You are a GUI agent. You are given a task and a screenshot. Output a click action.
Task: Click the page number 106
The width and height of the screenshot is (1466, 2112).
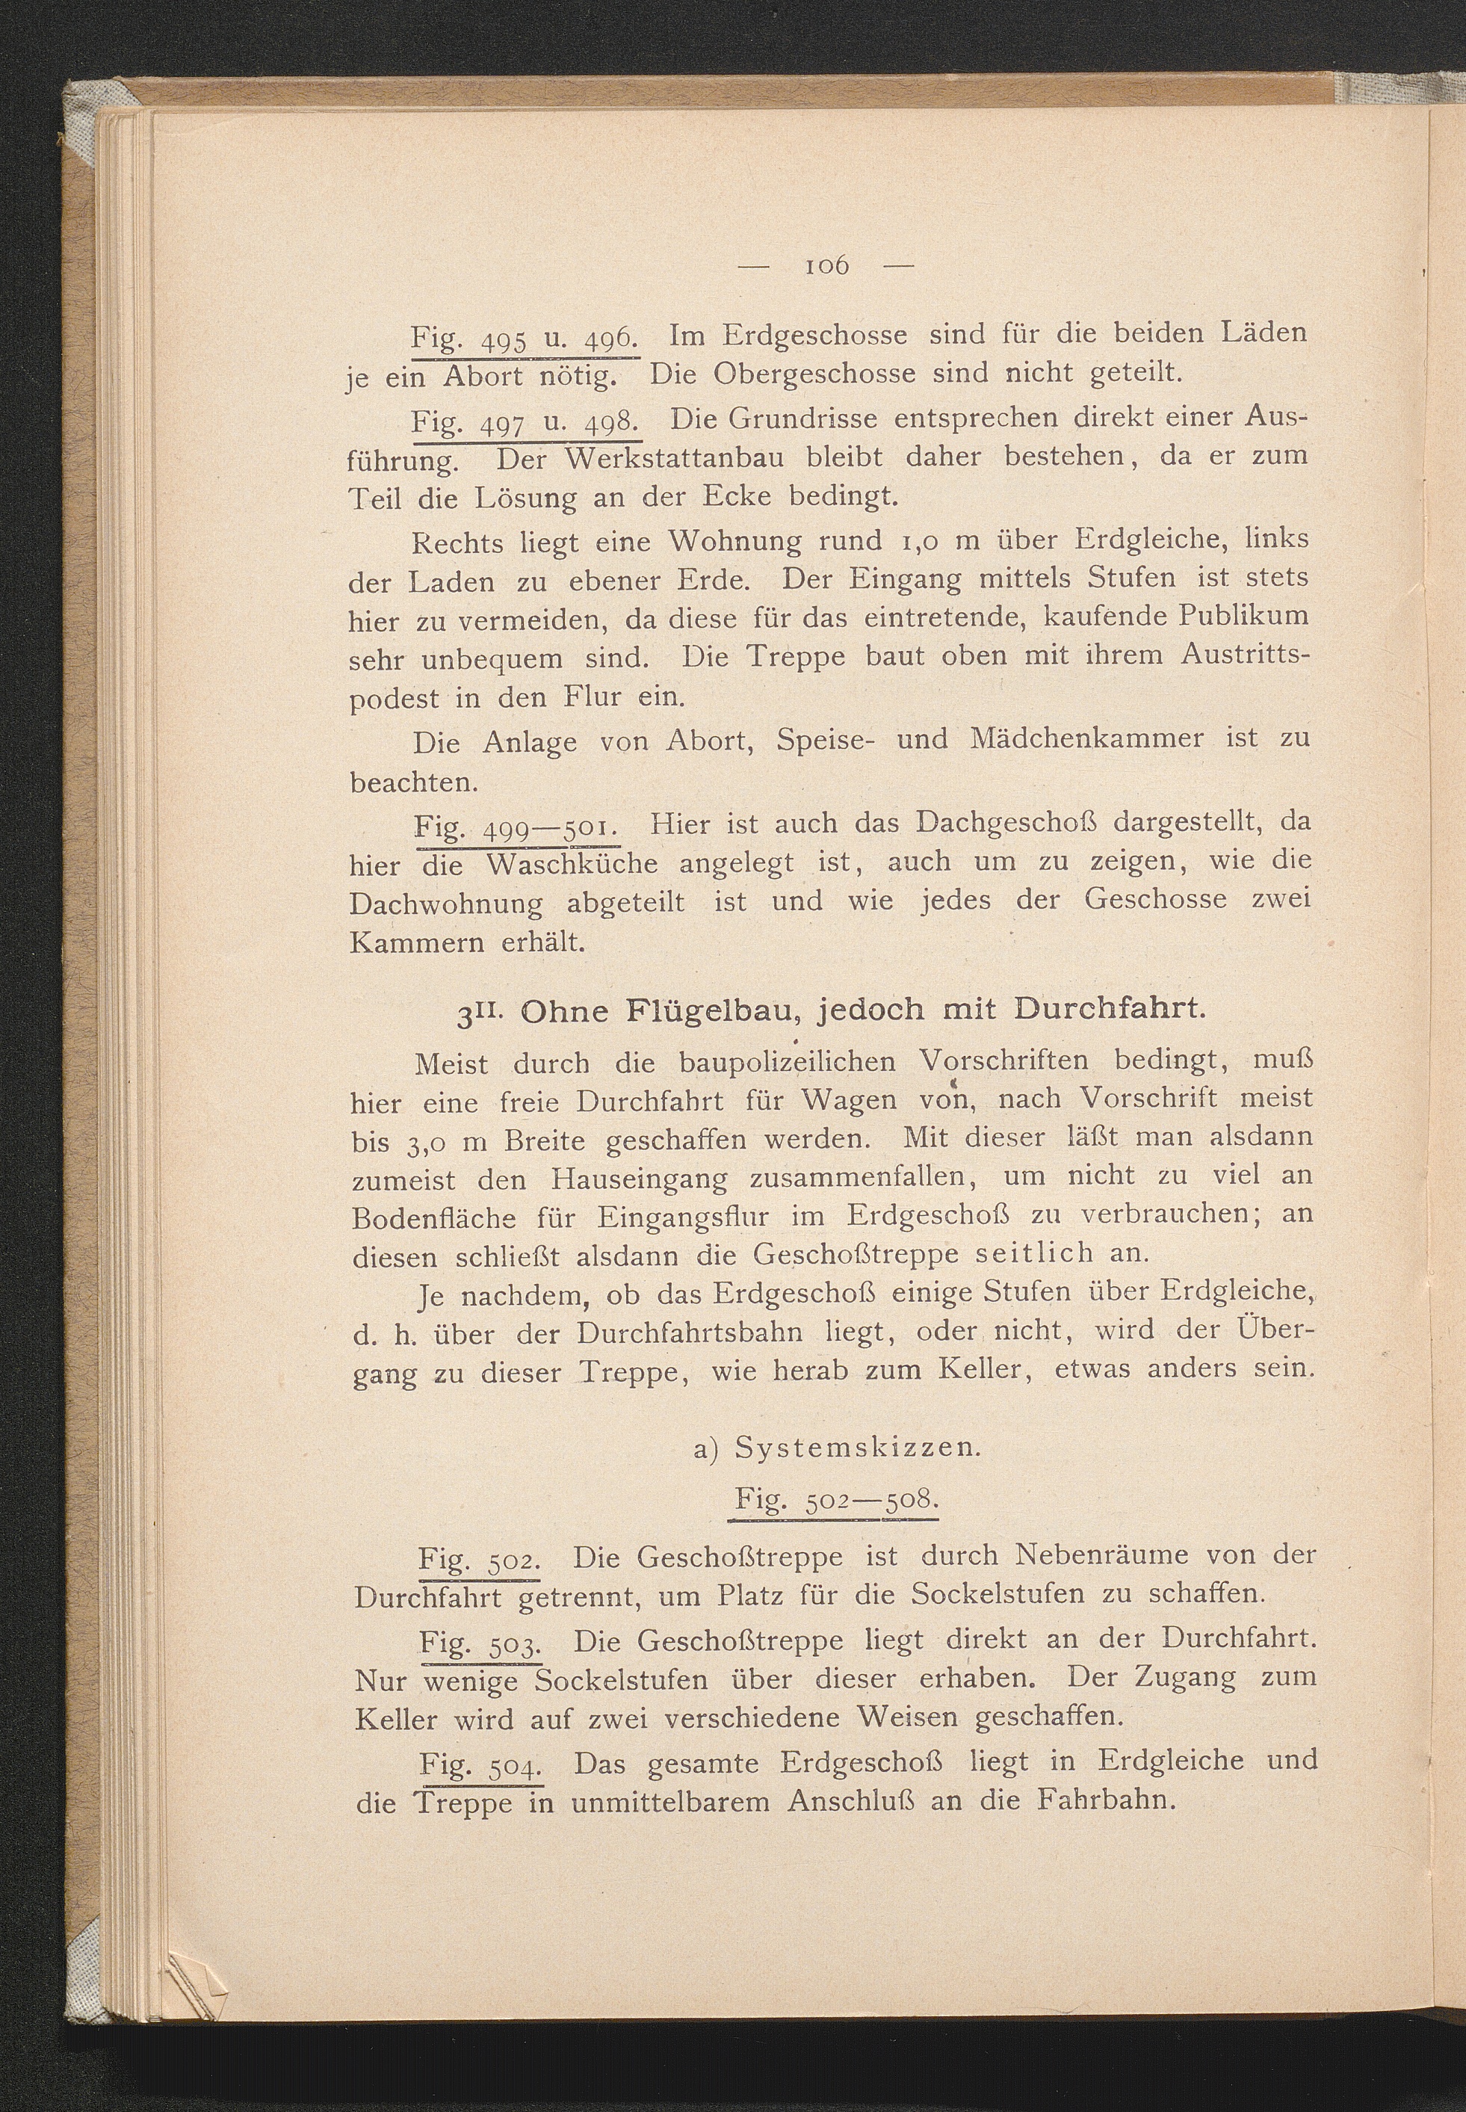click(x=826, y=266)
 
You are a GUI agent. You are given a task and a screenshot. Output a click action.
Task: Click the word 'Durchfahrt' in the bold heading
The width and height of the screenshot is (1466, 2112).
click(x=1109, y=1009)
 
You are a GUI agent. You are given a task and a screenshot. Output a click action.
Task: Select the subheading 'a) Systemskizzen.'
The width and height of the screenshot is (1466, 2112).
click(x=837, y=1448)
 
